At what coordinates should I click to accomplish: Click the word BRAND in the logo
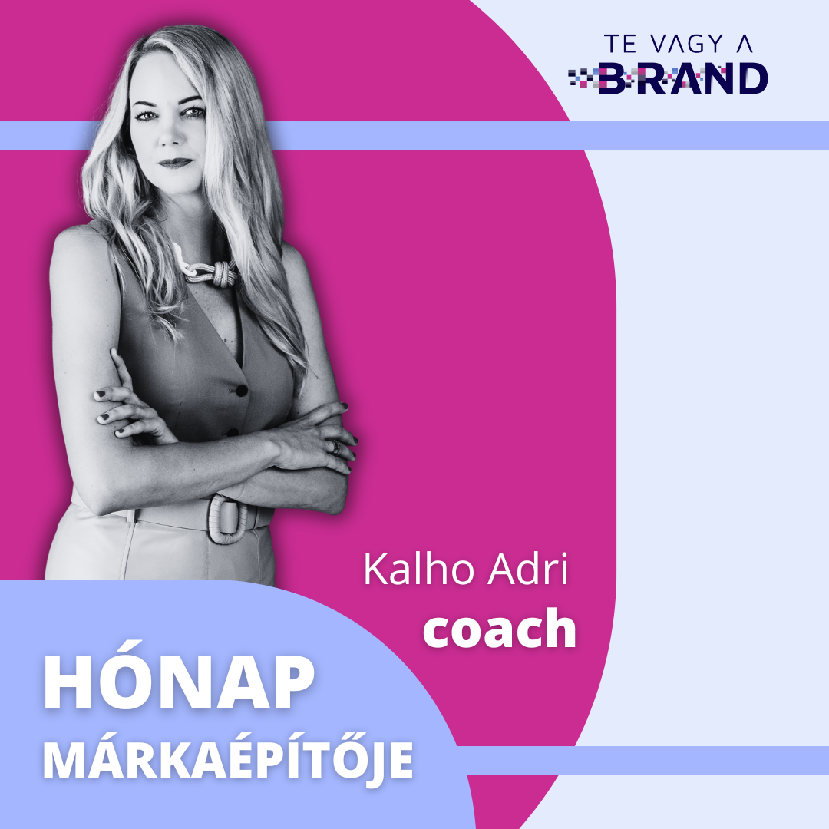pyautogui.click(x=684, y=79)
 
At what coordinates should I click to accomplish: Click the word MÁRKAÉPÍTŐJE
pyautogui.click(x=228, y=759)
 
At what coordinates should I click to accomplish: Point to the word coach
pyautogui.click(x=500, y=628)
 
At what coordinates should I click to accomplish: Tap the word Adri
pyautogui.click(x=527, y=569)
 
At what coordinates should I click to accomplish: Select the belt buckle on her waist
pyautogui.click(x=226, y=519)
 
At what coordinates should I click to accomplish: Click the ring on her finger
pyautogui.click(x=335, y=448)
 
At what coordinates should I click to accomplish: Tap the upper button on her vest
pyautogui.click(x=242, y=391)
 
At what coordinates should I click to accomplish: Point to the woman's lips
pyautogui.click(x=175, y=163)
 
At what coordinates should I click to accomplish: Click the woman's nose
pyautogui.click(x=170, y=135)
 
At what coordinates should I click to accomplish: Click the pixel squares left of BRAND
pyautogui.click(x=584, y=78)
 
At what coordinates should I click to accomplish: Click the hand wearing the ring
pyautogui.click(x=312, y=439)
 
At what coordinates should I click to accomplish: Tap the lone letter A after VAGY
pyautogui.click(x=745, y=44)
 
